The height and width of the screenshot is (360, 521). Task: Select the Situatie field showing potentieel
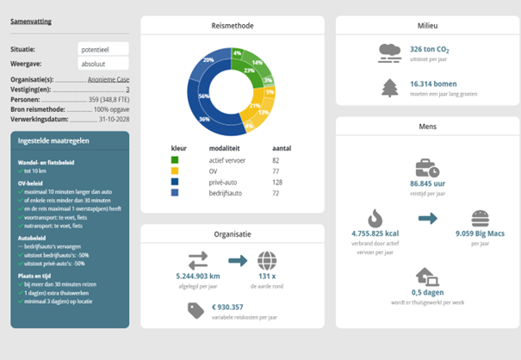coord(102,48)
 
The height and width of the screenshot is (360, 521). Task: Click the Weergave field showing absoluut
coord(102,63)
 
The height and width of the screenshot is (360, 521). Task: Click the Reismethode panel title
coord(232,27)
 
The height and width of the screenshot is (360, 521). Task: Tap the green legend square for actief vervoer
coord(176,159)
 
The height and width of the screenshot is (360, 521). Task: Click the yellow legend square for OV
coord(176,171)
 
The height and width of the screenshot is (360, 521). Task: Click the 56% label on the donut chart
coord(204,96)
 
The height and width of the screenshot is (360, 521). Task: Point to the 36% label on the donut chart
coord(205,118)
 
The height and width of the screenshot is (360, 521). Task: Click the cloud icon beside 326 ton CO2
coord(389,53)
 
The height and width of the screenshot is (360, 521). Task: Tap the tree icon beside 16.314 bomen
coord(389,87)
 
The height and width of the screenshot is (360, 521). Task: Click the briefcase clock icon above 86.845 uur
coord(427,168)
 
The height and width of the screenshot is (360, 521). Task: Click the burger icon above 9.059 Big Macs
coord(481,218)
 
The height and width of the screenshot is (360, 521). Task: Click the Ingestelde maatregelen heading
coord(53,144)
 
